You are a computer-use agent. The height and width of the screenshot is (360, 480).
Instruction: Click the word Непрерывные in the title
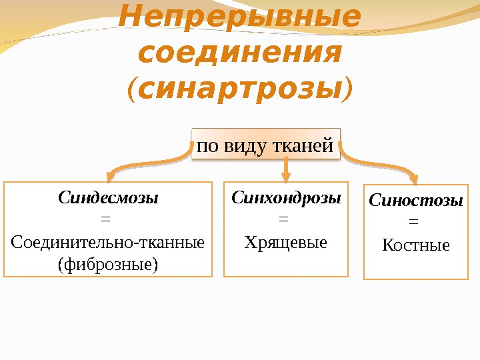[239, 19]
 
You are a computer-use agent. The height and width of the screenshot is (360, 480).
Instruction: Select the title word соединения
[239, 53]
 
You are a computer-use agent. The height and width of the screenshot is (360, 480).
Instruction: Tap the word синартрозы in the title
[240, 87]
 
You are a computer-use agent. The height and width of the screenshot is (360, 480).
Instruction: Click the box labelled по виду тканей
[265, 145]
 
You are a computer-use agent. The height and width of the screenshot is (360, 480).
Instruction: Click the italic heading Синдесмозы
[108, 198]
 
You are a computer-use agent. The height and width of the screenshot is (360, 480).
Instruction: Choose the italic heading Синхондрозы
[286, 198]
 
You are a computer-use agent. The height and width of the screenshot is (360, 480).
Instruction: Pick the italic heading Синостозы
[415, 200]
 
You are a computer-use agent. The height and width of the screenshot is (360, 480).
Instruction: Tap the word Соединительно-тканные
[108, 241]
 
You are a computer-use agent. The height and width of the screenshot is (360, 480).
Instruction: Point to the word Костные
[415, 245]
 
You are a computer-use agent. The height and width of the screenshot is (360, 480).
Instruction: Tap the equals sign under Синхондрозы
[283, 219]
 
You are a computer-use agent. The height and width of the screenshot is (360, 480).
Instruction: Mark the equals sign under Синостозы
[413, 222]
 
